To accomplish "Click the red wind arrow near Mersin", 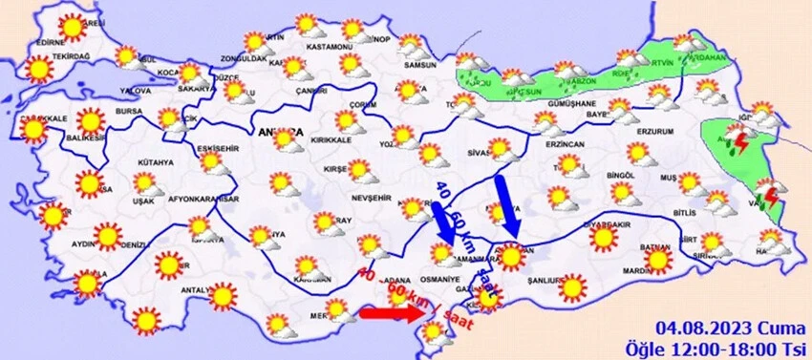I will coord(386,312).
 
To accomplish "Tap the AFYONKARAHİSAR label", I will coord(203,200).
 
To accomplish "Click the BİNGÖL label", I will coord(621,176).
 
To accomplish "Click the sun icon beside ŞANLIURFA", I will coord(573,286).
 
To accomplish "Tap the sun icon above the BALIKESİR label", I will coord(91,121).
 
